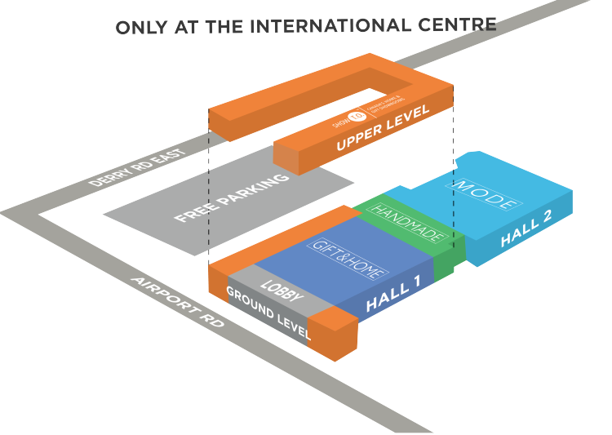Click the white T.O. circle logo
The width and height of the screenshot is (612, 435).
(355, 118)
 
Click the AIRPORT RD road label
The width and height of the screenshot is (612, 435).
(177, 303)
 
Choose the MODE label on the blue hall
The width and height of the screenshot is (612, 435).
(486, 194)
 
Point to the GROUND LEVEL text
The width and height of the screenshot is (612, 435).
(268, 313)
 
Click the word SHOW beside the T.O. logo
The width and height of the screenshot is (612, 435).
(339, 125)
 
